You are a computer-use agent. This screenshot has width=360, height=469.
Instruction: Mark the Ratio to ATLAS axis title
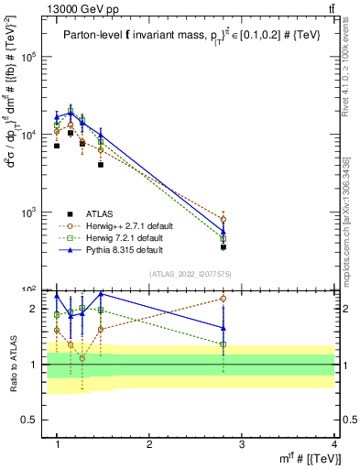pyautogui.click(x=13, y=364)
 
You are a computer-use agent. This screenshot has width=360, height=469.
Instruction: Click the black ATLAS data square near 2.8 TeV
pyautogui.click(x=224, y=246)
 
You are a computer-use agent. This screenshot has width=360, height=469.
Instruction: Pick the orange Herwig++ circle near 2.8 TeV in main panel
pyautogui.click(x=224, y=220)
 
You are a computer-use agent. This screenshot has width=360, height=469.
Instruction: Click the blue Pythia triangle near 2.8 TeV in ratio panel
pyautogui.click(x=224, y=327)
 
